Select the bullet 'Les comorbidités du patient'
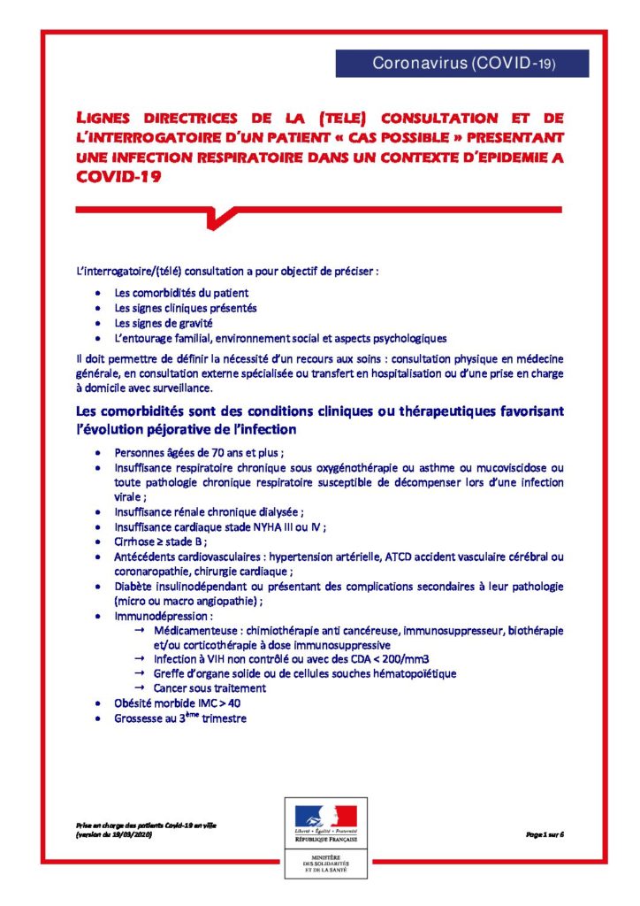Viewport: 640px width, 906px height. pos(181,292)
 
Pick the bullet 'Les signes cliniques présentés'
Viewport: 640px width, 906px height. pos(186,308)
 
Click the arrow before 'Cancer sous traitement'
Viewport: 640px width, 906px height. pos(140,687)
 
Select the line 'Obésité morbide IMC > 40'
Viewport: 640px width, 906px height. pos(177,703)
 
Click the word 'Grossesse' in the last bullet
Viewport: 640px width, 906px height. pos(141,718)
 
